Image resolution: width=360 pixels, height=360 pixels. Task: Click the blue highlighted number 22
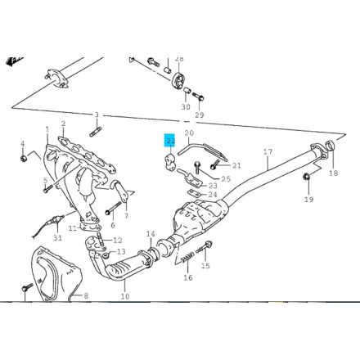point(169,140)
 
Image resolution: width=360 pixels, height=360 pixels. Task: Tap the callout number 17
point(267,152)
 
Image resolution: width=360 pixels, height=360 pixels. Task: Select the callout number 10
point(124,297)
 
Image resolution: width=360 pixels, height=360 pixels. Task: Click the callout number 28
point(179,59)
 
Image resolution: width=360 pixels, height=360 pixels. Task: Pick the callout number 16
point(187,278)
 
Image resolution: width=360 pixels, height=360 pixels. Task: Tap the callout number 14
point(151,235)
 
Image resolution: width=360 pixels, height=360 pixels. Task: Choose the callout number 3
point(96,115)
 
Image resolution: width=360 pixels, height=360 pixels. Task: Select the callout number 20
point(188,133)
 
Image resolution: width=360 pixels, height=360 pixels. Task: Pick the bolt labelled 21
point(214,165)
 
